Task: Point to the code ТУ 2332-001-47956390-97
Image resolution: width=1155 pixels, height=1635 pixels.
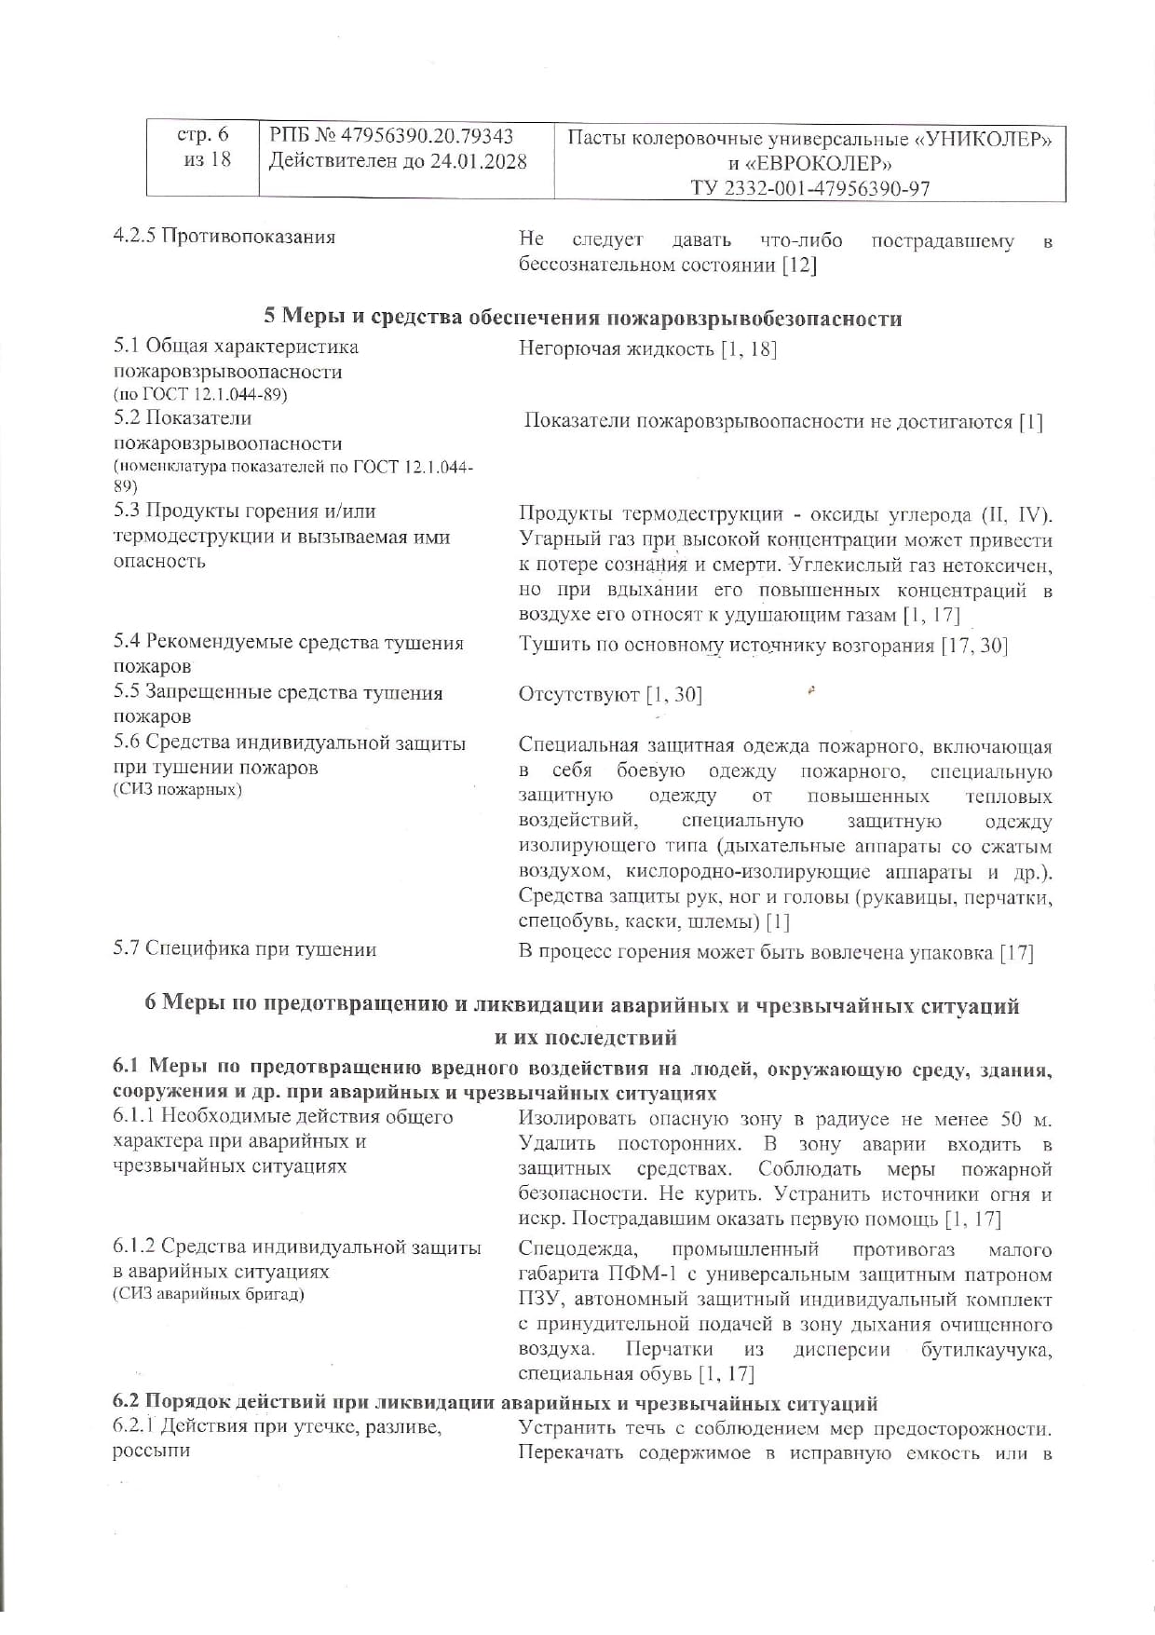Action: pyautogui.click(x=809, y=188)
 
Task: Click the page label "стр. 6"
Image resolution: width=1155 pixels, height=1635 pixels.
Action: pyautogui.click(x=202, y=135)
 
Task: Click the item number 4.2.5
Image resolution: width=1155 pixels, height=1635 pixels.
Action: pyautogui.click(x=134, y=237)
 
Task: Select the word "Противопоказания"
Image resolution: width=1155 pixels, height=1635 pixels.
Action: pyautogui.click(x=249, y=237)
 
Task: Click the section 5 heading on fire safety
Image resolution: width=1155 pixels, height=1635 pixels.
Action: pyautogui.click(x=583, y=318)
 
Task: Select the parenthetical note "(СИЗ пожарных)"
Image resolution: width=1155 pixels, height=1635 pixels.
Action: pyautogui.click(x=177, y=790)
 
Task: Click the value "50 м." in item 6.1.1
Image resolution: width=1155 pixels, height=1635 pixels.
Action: pyautogui.click(x=1026, y=1119)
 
